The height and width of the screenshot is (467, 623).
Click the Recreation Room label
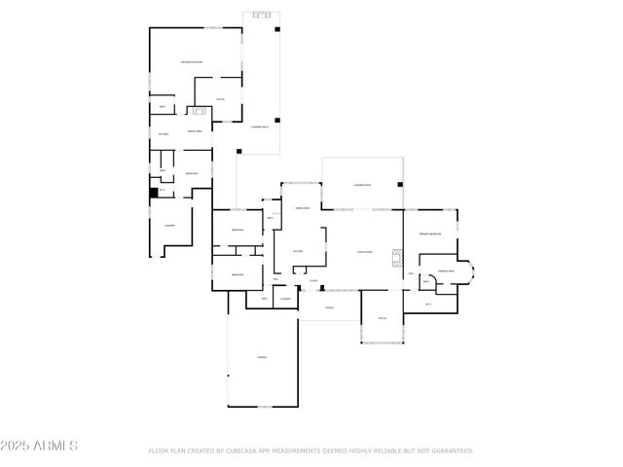tap(191, 62)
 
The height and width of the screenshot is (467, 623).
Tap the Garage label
tap(262, 358)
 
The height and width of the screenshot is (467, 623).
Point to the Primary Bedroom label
tap(430, 234)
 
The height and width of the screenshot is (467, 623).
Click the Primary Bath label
tap(446, 271)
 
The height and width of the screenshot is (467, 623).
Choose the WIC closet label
tap(428, 305)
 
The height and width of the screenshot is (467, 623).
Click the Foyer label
tap(313, 281)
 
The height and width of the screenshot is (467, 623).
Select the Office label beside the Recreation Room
tap(220, 98)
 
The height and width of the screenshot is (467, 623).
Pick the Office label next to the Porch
tap(383, 318)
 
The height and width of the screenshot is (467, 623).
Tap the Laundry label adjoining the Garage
tap(285, 300)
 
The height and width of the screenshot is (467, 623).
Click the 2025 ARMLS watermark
tap(40, 446)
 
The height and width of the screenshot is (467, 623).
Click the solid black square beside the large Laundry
tap(154, 194)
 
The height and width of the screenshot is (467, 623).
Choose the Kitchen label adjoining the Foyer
tap(298, 251)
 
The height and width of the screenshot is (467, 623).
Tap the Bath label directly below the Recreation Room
tap(162, 106)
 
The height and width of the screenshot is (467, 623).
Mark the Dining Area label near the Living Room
tap(302, 208)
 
